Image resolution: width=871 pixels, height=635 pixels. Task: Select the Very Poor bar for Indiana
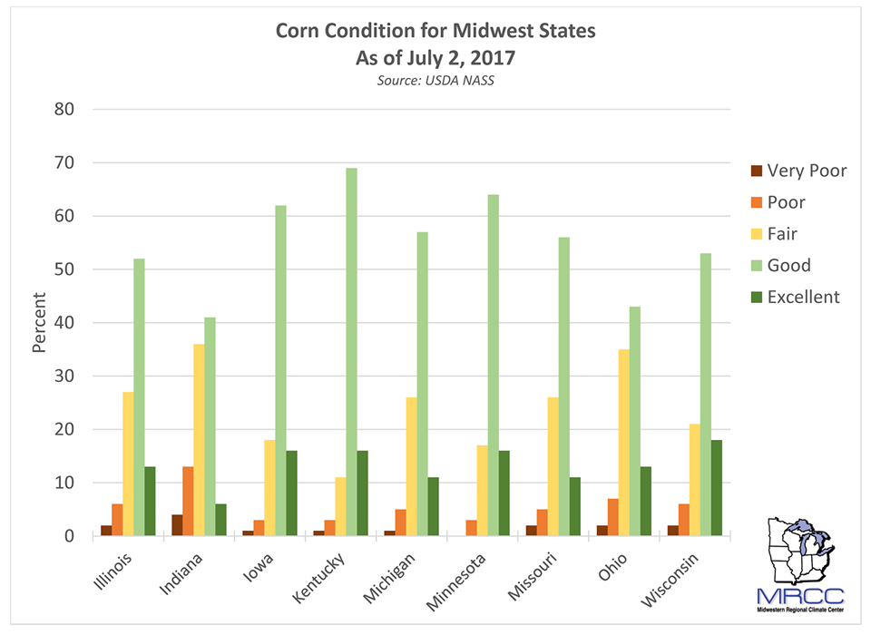[x=176, y=525]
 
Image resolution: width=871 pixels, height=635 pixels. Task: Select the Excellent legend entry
[x=803, y=297]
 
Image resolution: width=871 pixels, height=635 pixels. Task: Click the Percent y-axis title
[x=39, y=322]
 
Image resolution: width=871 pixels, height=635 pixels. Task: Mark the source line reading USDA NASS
[x=435, y=81]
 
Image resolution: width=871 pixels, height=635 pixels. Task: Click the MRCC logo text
[x=801, y=596]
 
